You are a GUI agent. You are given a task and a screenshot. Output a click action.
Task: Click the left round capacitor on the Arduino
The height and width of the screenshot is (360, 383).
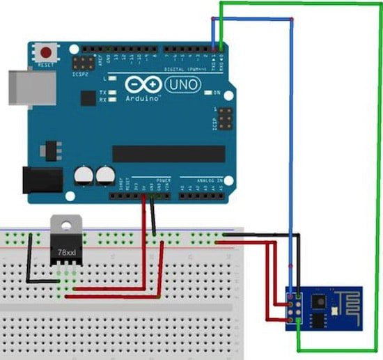(x=85, y=175)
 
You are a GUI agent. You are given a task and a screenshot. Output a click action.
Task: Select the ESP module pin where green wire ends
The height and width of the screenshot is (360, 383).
(x=299, y=318)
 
